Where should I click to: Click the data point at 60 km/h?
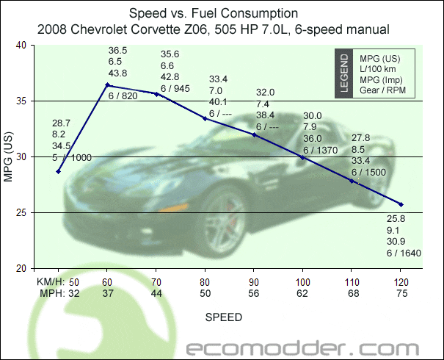click(107, 85)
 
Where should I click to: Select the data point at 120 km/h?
click(401, 204)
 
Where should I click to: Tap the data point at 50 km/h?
click(58, 171)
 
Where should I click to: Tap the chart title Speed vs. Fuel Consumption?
click(213, 13)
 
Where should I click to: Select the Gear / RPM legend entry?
click(382, 92)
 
